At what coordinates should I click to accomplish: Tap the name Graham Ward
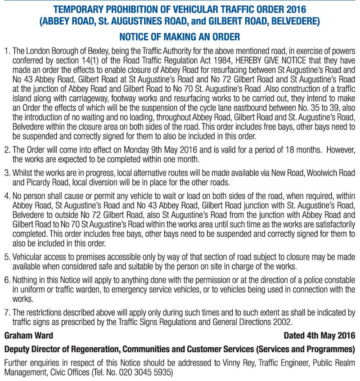[x=28, y=336]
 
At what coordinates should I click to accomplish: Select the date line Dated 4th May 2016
[x=319, y=336]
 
